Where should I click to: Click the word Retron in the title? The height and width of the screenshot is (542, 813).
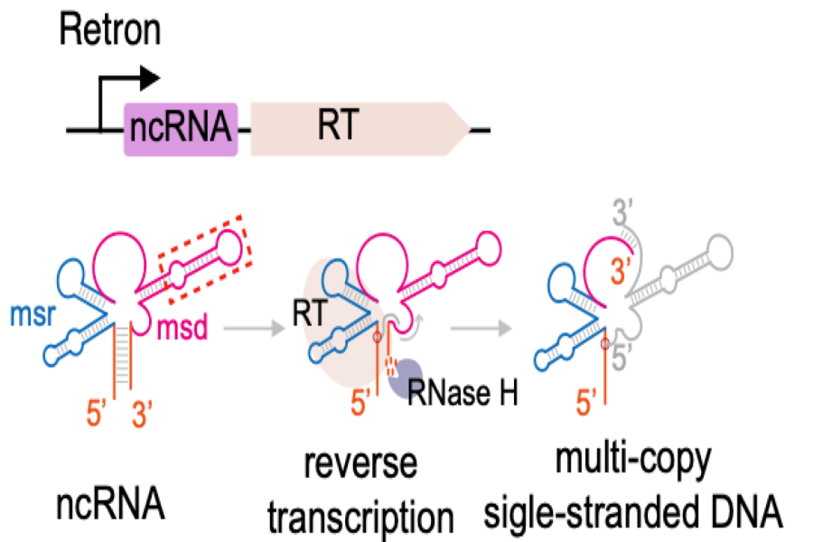pos(109,31)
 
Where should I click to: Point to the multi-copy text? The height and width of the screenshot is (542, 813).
pos(637,468)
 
